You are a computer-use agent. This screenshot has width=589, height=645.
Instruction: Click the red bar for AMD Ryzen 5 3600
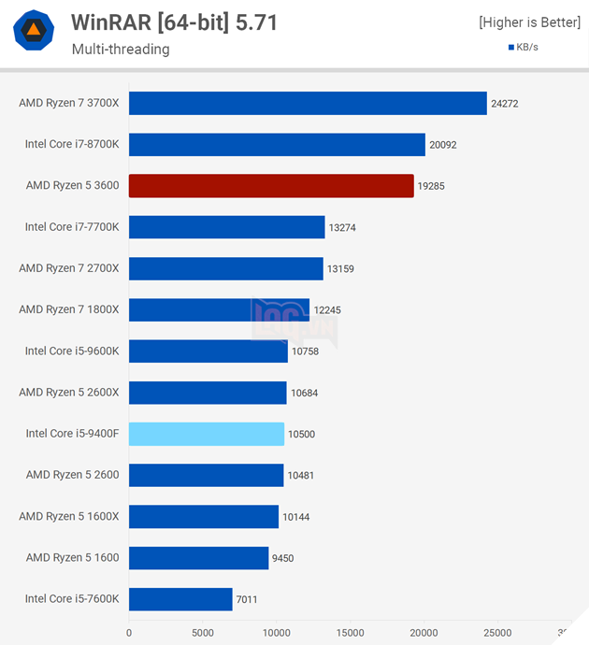[271, 186]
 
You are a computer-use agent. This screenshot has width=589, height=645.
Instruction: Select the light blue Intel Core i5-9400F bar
[207, 434]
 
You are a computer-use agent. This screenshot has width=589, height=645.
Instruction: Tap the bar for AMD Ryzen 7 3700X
[308, 104]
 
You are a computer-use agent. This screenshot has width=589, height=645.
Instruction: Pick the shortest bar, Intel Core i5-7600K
[180, 599]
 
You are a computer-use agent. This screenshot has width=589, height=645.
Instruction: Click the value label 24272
[505, 104]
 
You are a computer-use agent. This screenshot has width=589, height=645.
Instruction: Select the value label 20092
[443, 145]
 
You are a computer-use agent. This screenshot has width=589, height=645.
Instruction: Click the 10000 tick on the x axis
[276, 632]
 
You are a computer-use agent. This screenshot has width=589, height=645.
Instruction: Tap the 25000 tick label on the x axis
[497, 632]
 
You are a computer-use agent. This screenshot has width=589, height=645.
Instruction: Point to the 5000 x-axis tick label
[203, 632]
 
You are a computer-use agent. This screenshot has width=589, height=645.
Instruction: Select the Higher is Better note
[529, 22]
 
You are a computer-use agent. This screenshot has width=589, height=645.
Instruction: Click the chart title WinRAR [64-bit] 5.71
[174, 22]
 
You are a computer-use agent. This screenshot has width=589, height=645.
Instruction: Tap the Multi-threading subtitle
[121, 50]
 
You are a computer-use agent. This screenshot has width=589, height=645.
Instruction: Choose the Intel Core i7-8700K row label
[72, 145]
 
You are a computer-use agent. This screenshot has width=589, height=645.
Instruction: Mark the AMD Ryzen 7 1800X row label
[69, 310]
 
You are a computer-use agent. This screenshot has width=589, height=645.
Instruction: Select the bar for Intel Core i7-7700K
[227, 227]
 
